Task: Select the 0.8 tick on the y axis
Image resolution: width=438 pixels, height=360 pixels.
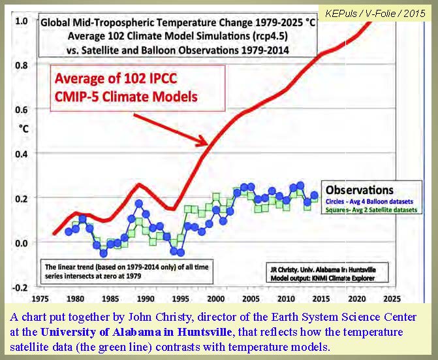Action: (21, 65)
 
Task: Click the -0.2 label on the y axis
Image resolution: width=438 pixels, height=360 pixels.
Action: (20, 287)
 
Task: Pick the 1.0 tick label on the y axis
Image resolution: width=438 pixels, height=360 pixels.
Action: (21, 20)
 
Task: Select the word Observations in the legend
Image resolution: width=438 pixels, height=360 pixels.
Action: (359, 189)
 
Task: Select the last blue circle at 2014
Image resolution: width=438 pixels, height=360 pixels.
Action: (314, 195)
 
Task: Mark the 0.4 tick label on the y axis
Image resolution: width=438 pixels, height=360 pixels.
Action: (21, 154)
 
